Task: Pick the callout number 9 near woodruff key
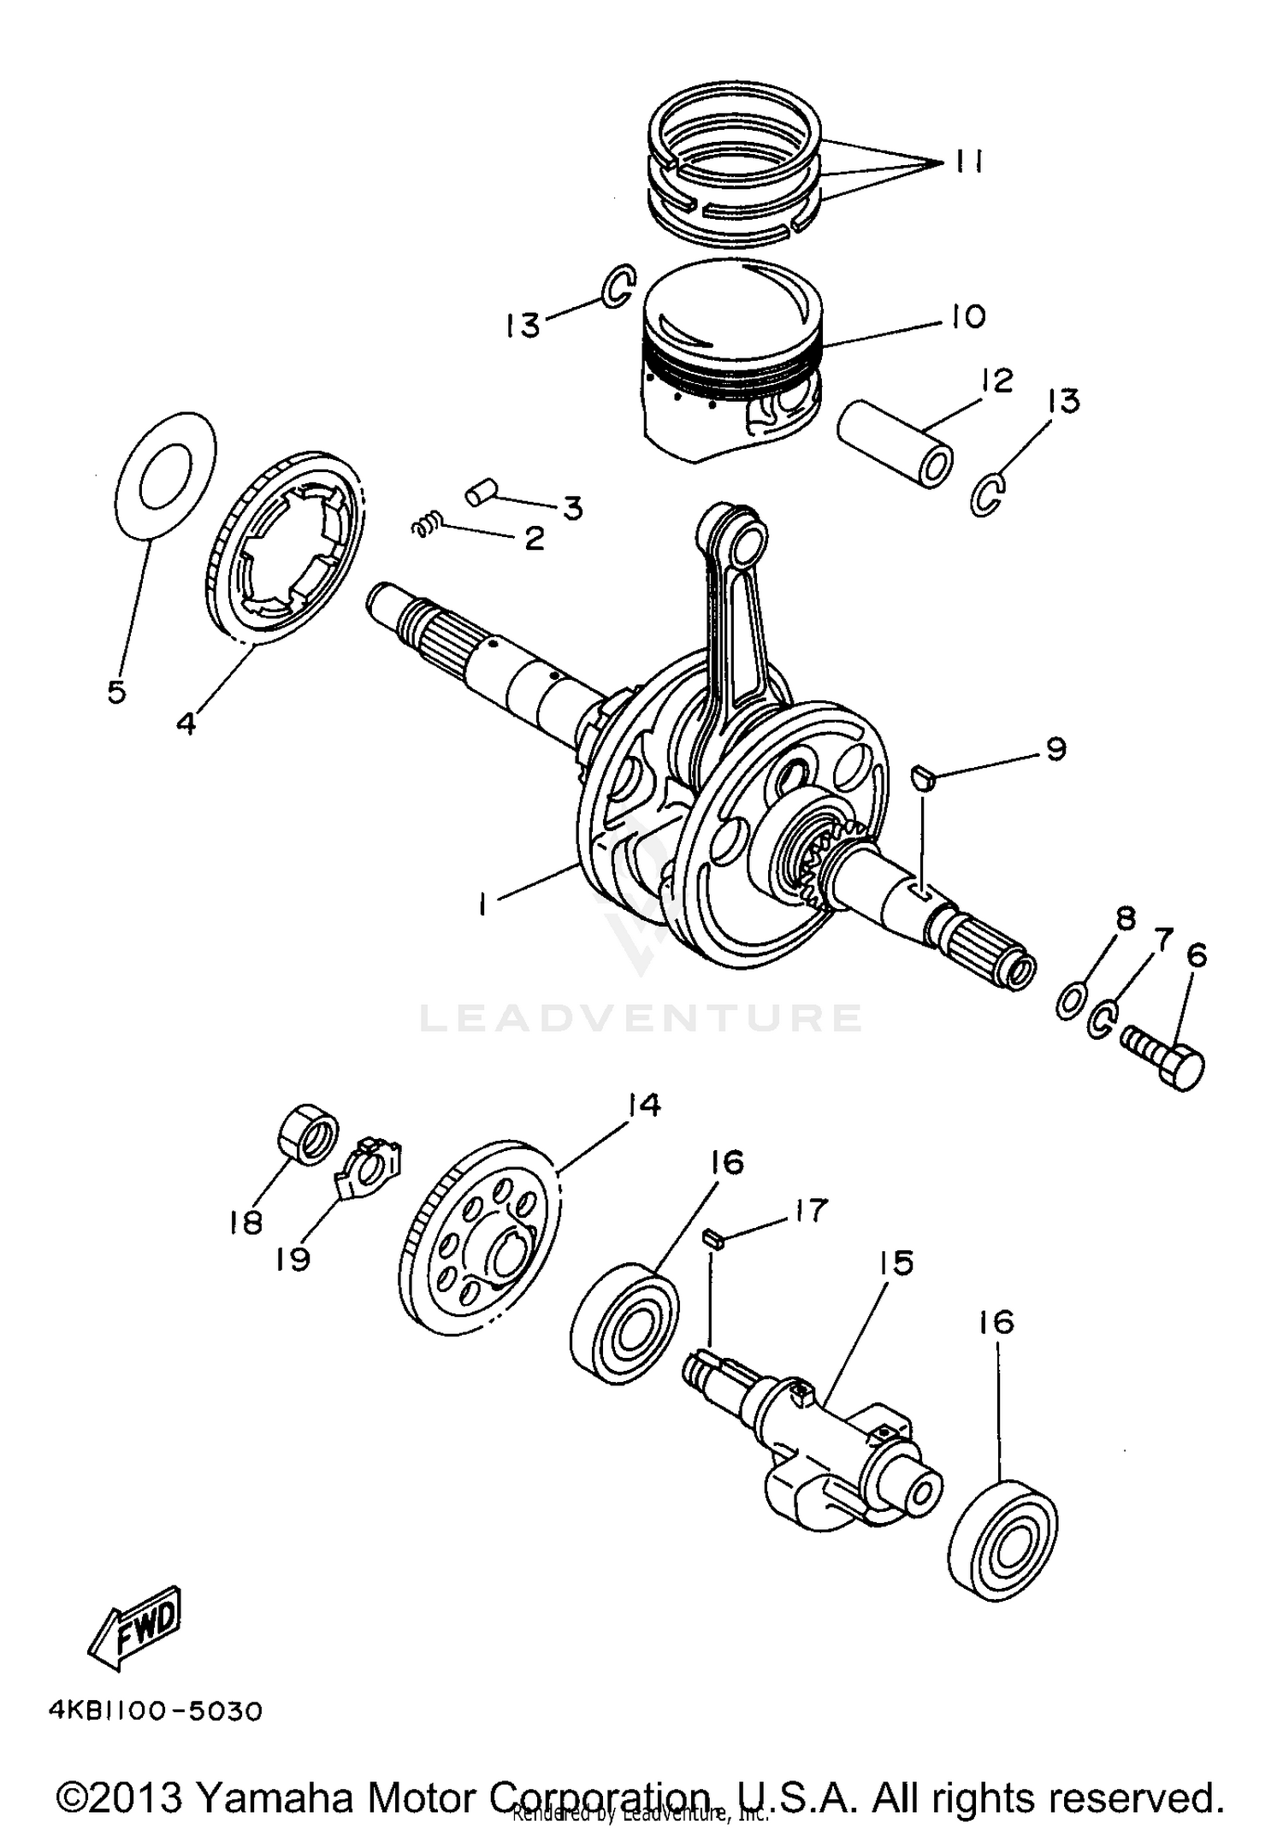pos(1055,750)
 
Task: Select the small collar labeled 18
pos(309,1134)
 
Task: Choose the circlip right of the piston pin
pos(989,496)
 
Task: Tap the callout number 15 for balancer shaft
pos(895,1263)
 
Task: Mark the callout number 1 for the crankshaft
pos(484,905)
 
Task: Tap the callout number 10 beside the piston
pos(967,316)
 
